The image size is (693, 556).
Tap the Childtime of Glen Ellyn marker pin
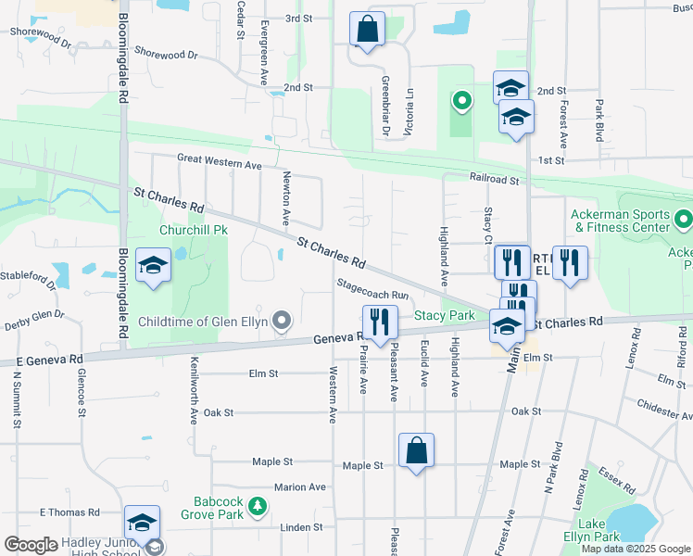pos(283,322)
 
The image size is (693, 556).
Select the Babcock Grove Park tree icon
pos(258,507)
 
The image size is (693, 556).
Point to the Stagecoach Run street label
pos(372,289)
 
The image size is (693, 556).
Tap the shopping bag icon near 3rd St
pos(368,29)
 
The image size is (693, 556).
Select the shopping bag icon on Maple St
pos(416,451)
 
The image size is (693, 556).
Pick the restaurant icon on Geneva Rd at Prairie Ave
pos(380,322)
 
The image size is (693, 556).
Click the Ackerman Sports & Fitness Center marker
pos(684,220)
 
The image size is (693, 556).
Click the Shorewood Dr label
pos(167,55)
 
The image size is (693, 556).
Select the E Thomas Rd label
pos(69,512)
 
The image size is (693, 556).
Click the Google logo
pos(31,545)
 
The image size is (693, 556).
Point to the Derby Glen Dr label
pos(33,314)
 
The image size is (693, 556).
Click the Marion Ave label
pos(300,486)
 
